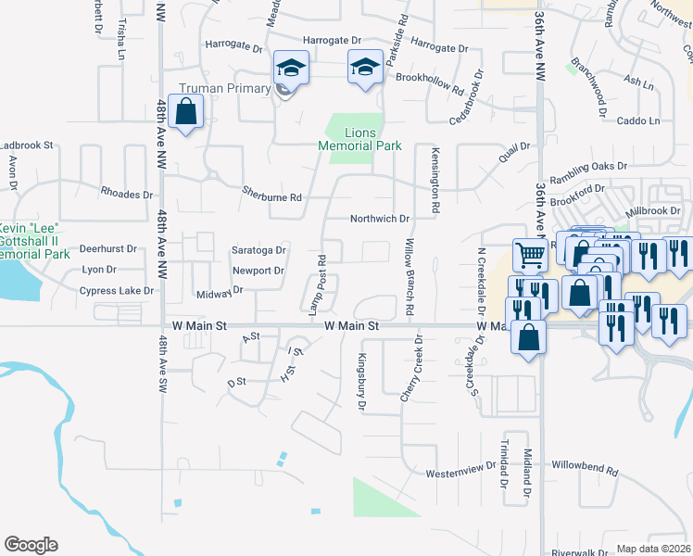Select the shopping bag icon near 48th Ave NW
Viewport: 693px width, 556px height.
(x=186, y=112)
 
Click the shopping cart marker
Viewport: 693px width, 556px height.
(x=529, y=254)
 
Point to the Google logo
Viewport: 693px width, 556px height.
(x=31, y=544)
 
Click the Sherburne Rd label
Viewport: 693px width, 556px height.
(x=271, y=197)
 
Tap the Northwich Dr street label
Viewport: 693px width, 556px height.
(x=379, y=219)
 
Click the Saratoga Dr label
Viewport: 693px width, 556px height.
(x=258, y=250)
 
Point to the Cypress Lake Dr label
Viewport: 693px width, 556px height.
(x=117, y=290)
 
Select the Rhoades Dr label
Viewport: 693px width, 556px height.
(x=127, y=195)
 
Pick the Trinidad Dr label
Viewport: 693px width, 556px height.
(x=506, y=462)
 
